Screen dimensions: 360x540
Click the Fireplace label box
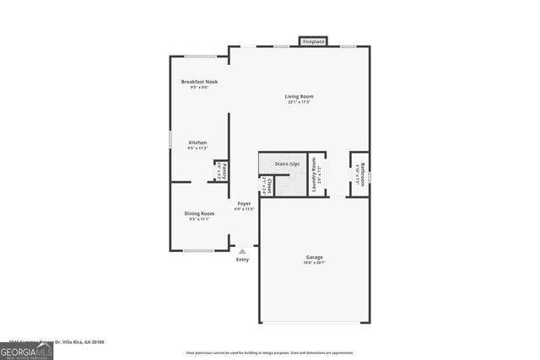[x=315, y=40]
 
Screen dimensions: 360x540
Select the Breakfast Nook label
[x=199, y=82]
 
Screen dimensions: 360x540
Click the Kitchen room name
[x=197, y=142]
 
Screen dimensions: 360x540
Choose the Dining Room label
[x=200, y=213]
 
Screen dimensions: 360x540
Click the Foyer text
[x=244, y=203]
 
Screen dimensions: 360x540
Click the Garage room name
[x=315, y=257]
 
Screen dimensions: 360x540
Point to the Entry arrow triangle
[x=243, y=250]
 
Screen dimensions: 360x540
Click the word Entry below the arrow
[x=243, y=260]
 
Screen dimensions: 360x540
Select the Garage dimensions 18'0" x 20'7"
[x=315, y=263]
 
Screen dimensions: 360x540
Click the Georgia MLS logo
[x=26, y=352]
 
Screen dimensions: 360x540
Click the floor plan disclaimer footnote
[x=269, y=352]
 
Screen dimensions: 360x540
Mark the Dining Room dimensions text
[x=200, y=219]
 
